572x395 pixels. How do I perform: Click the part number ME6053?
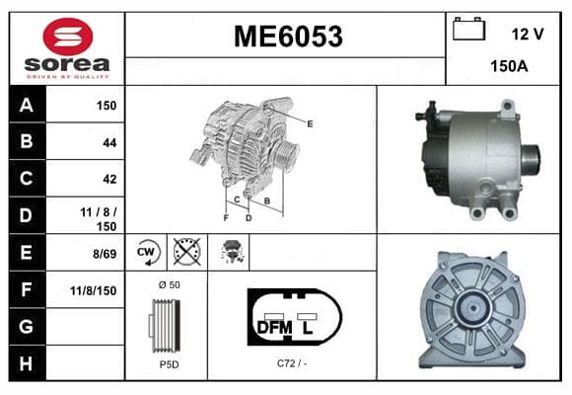pos(288,37)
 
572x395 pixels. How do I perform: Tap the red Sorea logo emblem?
pos(68,37)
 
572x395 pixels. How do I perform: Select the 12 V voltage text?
pos(528,35)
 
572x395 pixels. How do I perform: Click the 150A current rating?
pos(509,66)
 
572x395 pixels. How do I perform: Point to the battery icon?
pos(468,29)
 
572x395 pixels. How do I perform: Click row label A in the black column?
pos(27,106)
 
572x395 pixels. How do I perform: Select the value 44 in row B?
pos(109,142)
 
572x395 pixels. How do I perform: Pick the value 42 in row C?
pos(109,179)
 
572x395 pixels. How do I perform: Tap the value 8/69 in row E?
pos(105,254)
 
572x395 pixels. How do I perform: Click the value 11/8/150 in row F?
pos(94,291)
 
